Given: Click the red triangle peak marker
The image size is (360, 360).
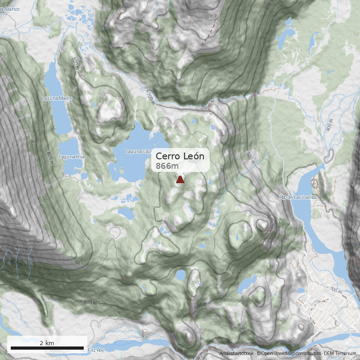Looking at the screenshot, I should [180, 180].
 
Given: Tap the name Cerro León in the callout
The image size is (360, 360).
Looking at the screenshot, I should [180, 156].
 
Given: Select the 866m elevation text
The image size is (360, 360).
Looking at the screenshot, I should [167, 166].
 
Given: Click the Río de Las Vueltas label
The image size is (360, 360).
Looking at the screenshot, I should [298, 197].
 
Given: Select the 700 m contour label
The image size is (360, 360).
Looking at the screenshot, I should [150, 96].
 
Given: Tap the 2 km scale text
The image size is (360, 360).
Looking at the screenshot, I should [47, 343].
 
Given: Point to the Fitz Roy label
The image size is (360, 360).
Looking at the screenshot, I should [95, 350].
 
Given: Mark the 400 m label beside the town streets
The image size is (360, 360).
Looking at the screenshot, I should [336, 291].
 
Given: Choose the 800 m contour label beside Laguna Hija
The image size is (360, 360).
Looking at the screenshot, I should [50, 155].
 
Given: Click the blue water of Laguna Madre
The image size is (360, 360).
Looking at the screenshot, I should [56, 112].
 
